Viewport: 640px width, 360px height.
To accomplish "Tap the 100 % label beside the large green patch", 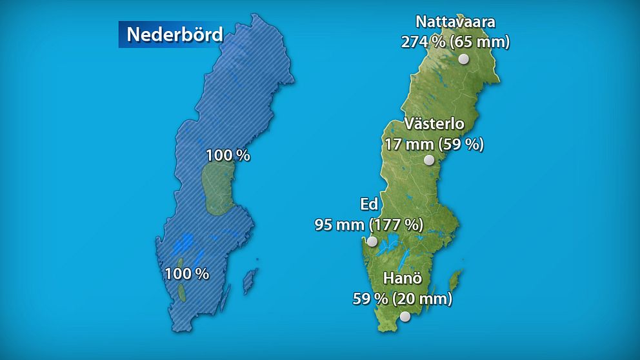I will (228, 155).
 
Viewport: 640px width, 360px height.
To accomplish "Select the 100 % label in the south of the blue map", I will (186, 274).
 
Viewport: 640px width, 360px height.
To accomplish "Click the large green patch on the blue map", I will (217, 189).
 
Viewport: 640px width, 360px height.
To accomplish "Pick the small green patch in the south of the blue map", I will (183, 293).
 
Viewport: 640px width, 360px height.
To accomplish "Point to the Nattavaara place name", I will (455, 22).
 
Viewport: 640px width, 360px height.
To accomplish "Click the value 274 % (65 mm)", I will (455, 43).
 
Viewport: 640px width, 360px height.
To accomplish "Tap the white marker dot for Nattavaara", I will (463, 59).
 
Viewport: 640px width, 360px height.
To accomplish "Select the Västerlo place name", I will (434, 124).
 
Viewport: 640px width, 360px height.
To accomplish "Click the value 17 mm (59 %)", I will (434, 144).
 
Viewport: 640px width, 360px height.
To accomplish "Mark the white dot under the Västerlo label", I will (429, 160).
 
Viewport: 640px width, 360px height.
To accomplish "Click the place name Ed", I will (368, 205).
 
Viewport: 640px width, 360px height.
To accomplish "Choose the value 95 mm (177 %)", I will (368, 225).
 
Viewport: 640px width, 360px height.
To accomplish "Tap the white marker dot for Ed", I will (372, 241).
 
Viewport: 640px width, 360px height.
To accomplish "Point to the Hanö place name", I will (403, 279).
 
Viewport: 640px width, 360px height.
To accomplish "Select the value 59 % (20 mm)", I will (403, 299).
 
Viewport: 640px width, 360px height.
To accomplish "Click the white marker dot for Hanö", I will (405, 316).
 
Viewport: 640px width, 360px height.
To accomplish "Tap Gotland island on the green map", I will (455, 281).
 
